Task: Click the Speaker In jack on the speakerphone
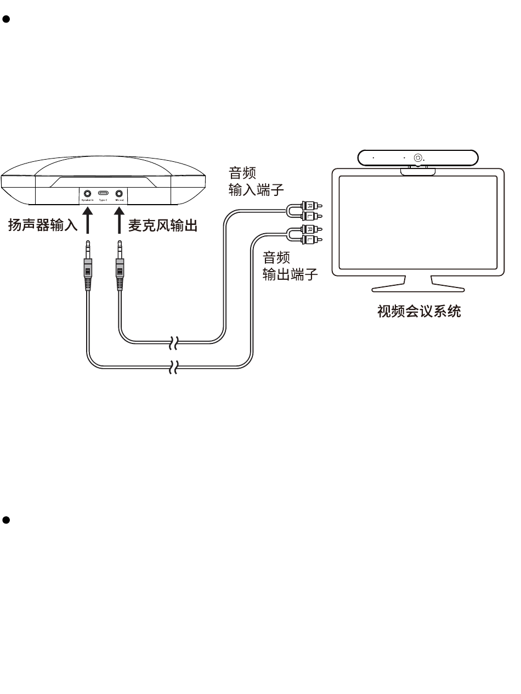click(x=87, y=193)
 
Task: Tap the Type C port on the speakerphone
click(x=103, y=193)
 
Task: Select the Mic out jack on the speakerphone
click(x=118, y=193)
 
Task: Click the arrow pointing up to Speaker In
click(x=87, y=222)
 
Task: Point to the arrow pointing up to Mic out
click(x=118, y=222)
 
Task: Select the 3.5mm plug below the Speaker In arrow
click(x=87, y=263)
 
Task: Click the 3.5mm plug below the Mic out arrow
click(x=119, y=263)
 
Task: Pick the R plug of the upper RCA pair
click(x=311, y=206)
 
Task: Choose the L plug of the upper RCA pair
click(x=311, y=217)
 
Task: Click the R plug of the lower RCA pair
click(x=311, y=229)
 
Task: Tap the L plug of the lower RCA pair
click(x=311, y=240)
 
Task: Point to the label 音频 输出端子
click(x=290, y=267)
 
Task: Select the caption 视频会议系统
click(x=419, y=312)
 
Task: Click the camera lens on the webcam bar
click(x=418, y=157)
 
